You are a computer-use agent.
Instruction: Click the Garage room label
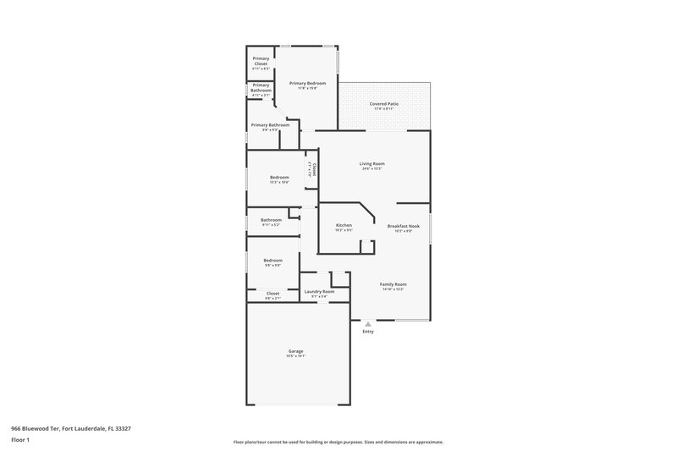(295, 351)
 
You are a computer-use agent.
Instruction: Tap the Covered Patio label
(384, 104)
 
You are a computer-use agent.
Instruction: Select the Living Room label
(372, 163)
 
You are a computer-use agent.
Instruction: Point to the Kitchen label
(344, 224)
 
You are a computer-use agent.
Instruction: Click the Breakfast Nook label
(403, 226)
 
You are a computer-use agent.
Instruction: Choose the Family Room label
(393, 284)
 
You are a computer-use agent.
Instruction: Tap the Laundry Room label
(319, 291)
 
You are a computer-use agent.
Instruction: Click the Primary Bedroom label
(307, 83)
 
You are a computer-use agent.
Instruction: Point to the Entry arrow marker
(367, 323)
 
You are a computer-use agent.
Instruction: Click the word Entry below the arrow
(367, 332)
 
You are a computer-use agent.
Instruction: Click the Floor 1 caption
(20, 440)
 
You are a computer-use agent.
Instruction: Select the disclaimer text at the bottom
(338, 442)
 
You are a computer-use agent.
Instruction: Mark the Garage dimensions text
(295, 356)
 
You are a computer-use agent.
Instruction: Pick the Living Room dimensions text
(372, 168)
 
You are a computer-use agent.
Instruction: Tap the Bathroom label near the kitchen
(271, 220)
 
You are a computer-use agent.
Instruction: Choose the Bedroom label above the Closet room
(272, 261)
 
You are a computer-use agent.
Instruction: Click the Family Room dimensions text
(393, 289)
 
